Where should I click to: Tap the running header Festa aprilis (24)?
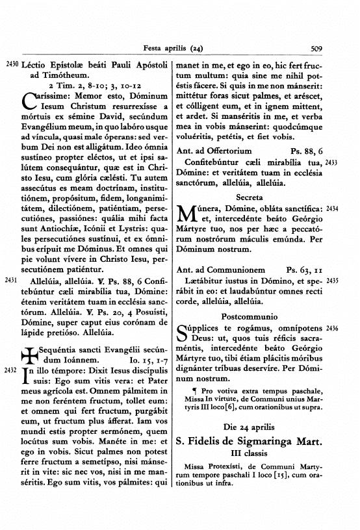(x=177, y=47)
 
